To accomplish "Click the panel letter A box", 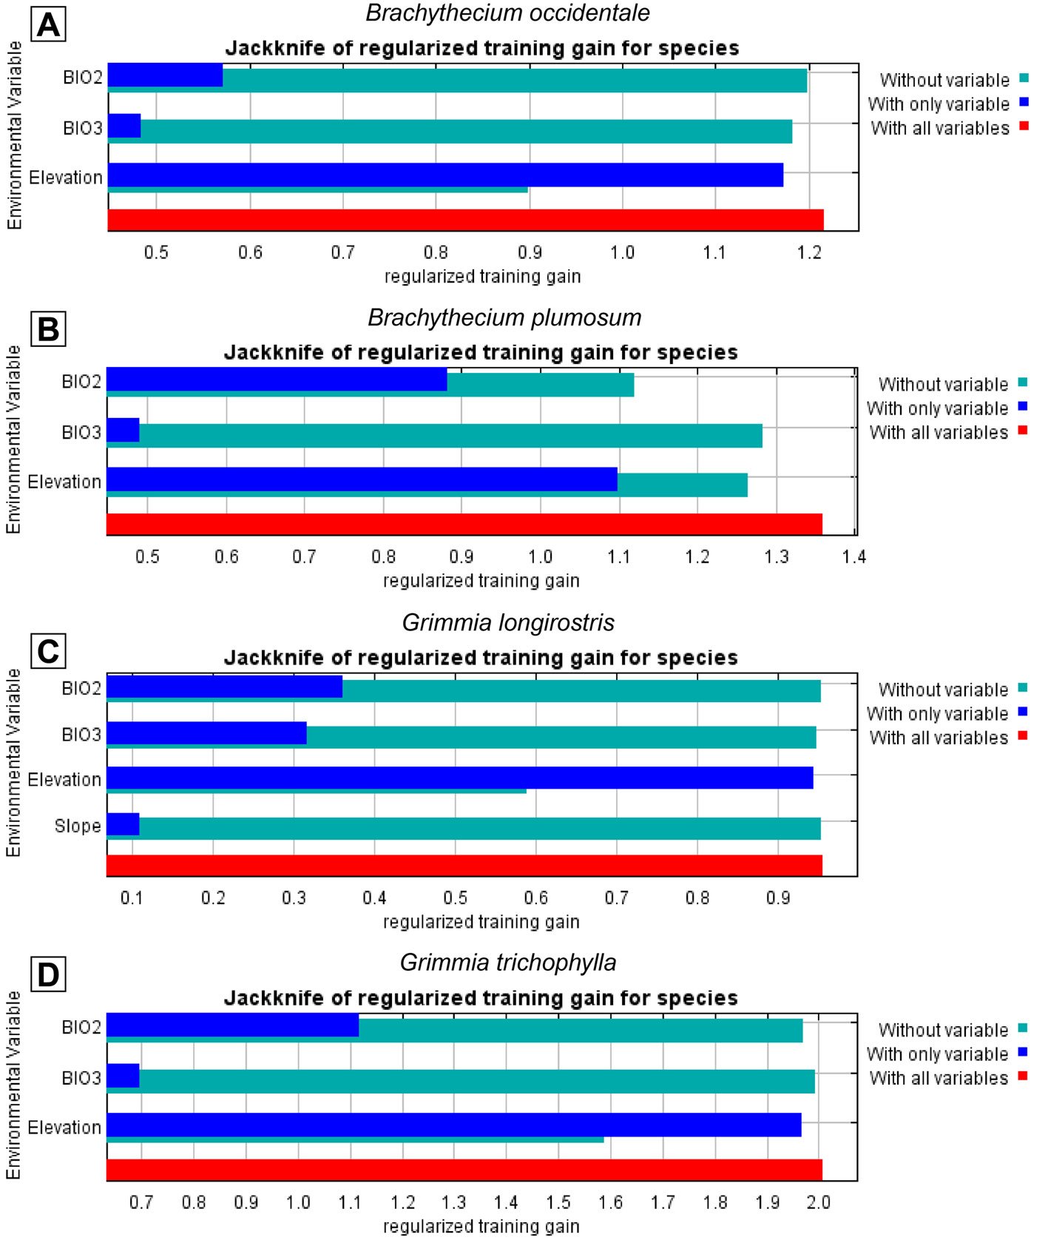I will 49,24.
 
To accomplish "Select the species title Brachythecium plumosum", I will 504,317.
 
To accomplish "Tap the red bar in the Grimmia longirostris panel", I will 464,865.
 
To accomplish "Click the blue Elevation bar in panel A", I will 445,175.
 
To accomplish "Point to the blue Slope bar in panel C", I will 123,824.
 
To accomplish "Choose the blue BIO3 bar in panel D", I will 123,1076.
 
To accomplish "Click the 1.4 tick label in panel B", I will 853,557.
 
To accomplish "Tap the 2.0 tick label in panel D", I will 818,1202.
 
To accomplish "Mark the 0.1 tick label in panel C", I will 132,898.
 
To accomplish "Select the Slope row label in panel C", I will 78,826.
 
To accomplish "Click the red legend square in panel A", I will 1024,126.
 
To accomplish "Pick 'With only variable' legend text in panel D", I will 937,1054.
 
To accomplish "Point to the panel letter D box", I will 48,974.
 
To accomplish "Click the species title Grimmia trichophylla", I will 507,963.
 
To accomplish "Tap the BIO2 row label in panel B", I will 81,382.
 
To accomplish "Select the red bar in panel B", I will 464,524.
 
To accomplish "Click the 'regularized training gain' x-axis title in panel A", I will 482,277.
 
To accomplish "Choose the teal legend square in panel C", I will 1023,688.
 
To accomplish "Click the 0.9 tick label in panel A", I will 530,253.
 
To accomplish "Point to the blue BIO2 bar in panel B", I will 277,379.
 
